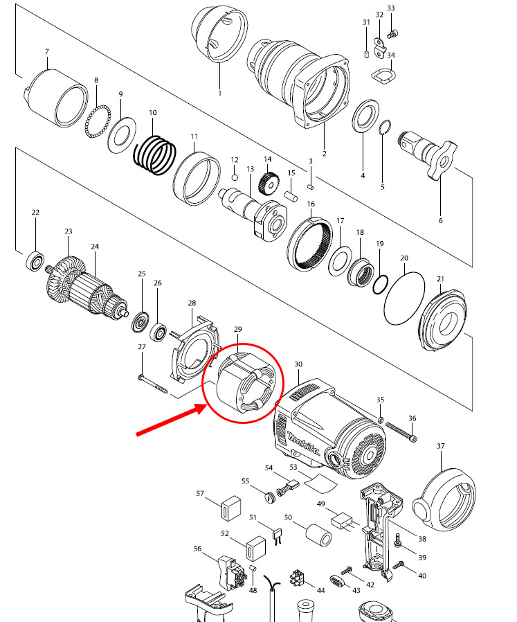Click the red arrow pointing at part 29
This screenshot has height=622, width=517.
[x=170, y=422]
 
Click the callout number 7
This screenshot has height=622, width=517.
[x=46, y=52]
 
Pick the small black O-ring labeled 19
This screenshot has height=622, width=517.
[x=381, y=284]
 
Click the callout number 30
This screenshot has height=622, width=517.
[x=298, y=364]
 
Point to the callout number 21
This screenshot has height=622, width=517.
[x=439, y=278]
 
